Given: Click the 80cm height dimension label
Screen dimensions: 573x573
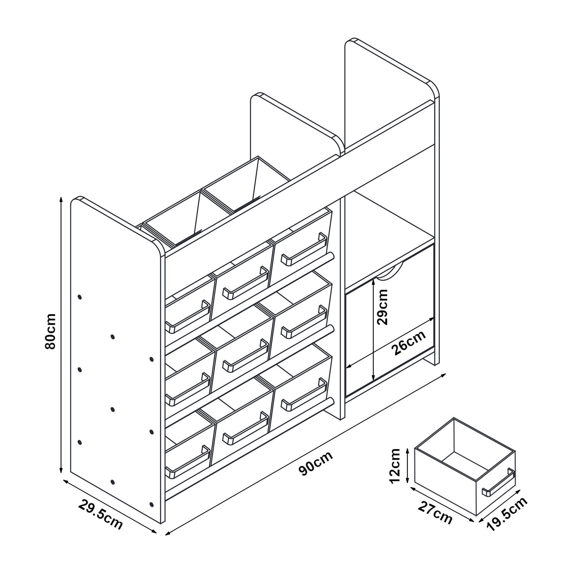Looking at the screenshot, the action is [x=50, y=331].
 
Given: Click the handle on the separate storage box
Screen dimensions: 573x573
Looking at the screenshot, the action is [x=499, y=482].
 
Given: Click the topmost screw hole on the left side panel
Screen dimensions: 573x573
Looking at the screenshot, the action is [x=79, y=297].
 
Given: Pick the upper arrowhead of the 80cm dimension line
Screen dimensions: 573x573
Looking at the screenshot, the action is [x=61, y=199].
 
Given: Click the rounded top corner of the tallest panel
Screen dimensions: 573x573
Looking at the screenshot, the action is [x=433, y=88].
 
